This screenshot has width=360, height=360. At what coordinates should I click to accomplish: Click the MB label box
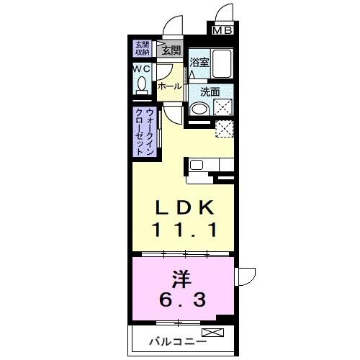(x=222, y=31)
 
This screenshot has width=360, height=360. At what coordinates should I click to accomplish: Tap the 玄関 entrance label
(x=171, y=50)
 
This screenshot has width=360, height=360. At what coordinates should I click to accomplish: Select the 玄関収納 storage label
(x=141, y=49)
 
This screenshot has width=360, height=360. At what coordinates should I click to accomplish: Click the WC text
(x=141, y=69)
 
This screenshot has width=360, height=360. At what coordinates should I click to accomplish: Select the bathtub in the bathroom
(x=222, y=65)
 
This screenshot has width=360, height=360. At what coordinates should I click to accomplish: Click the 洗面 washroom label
(x=210, y=91)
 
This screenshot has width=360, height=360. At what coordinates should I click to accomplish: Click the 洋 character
(x=183, y=276)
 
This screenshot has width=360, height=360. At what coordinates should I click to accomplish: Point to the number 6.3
(x=183, y=297)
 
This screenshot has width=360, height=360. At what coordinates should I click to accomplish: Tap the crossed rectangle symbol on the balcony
(x=214, y=332)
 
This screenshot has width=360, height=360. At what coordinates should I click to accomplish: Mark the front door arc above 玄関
(x=171, y=24)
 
